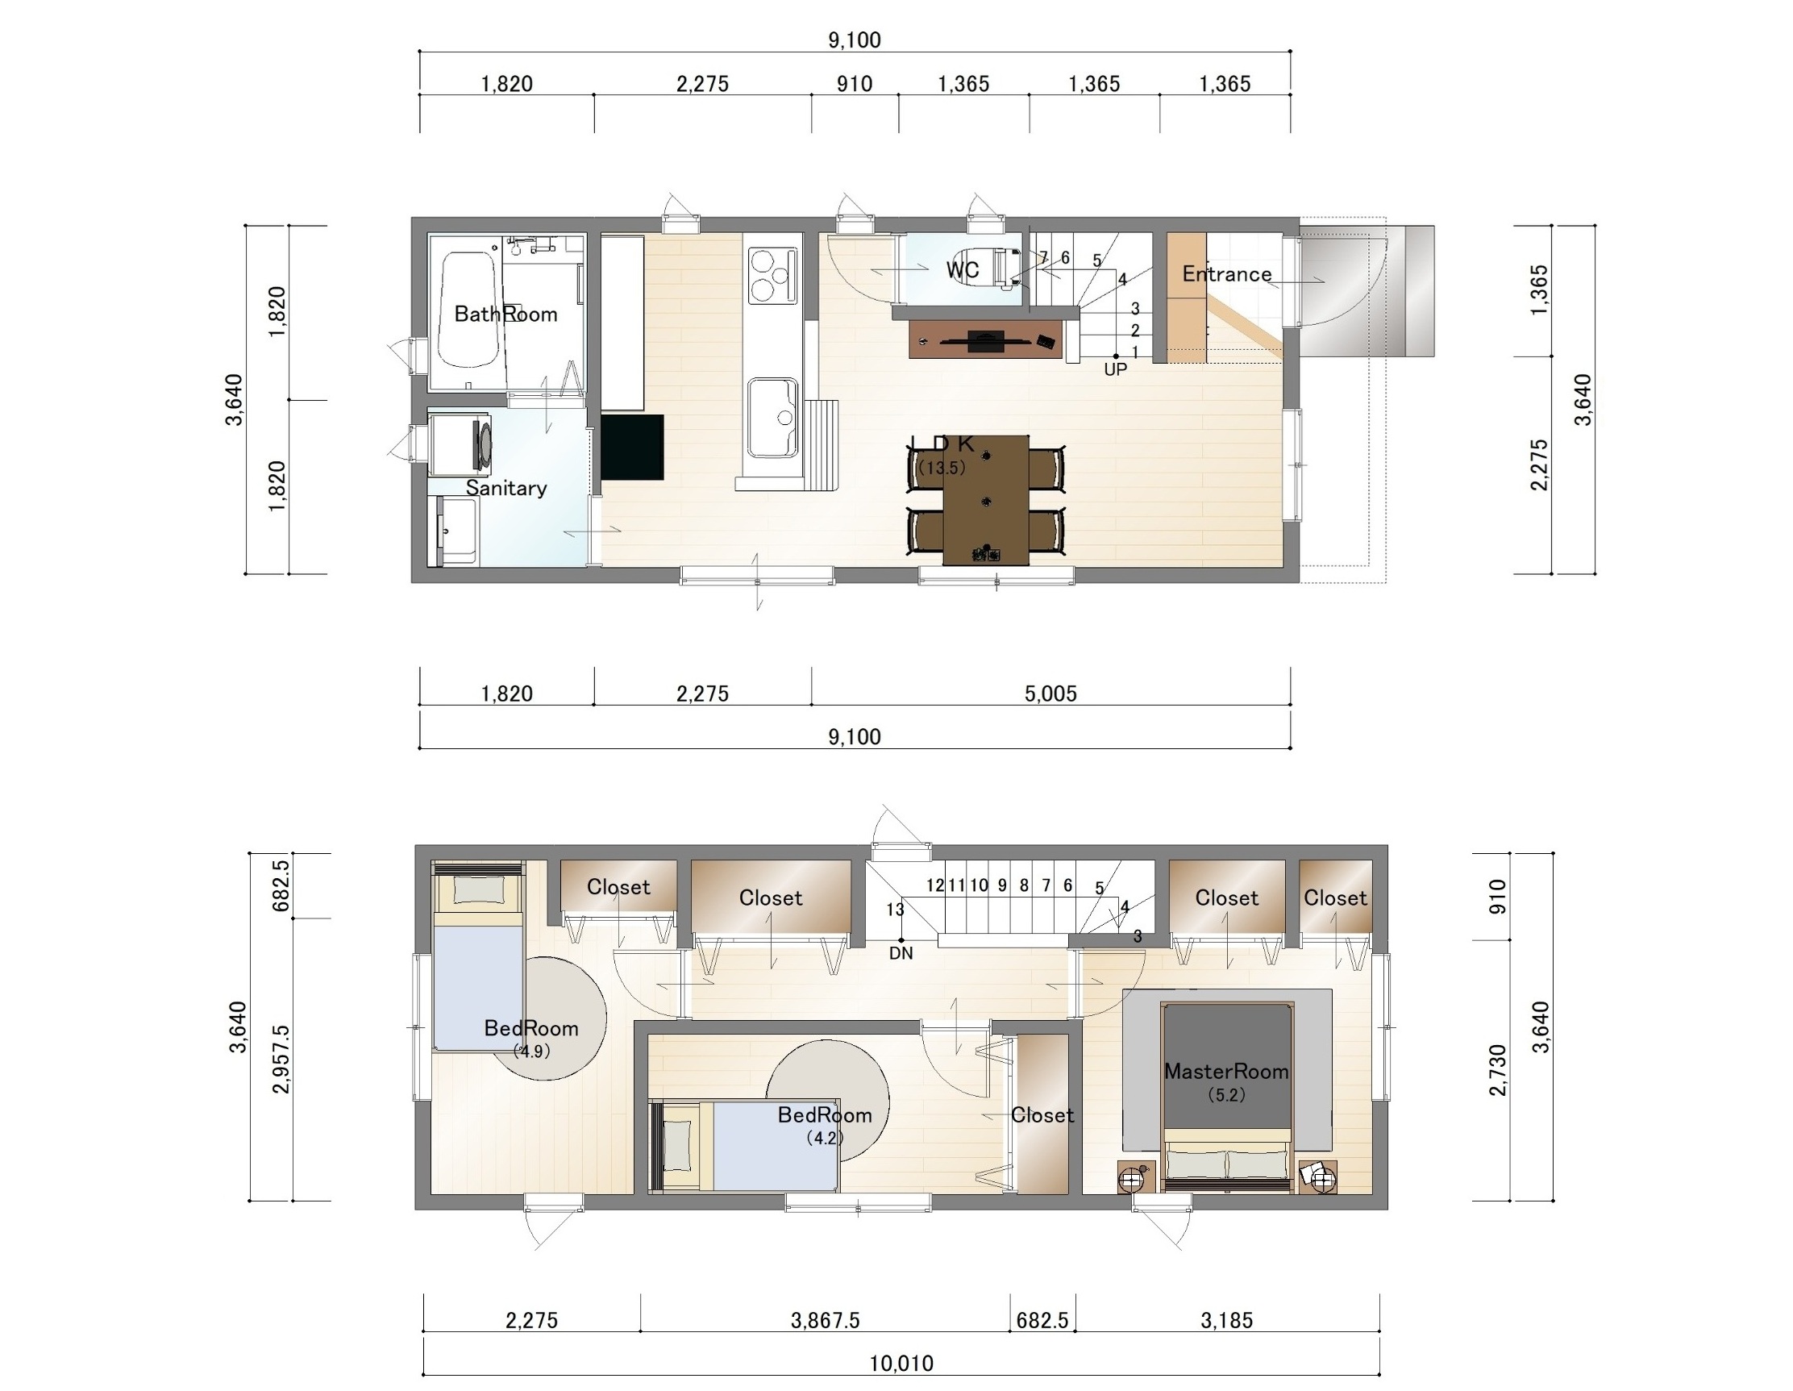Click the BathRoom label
click(505, 314)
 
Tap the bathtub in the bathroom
click(468, 310)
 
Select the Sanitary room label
click(505, 488)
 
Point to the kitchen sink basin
click(772, 417)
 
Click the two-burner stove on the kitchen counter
click(772, 275)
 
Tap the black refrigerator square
click(632, 447)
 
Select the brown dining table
click(985, 500)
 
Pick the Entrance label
click(1226, 274)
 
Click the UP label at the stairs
click(1115, 369)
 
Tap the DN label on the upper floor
click(901, 953)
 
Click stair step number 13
click(895, 910)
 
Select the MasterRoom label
click(1226, 1071)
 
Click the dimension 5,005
click(1050, 693)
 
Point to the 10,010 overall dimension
click(901, 1364)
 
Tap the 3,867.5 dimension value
click(825, 1320)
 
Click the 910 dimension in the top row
click(855, 84)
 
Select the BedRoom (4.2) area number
click(824, 1138)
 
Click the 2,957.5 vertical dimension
click(281, 1060)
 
